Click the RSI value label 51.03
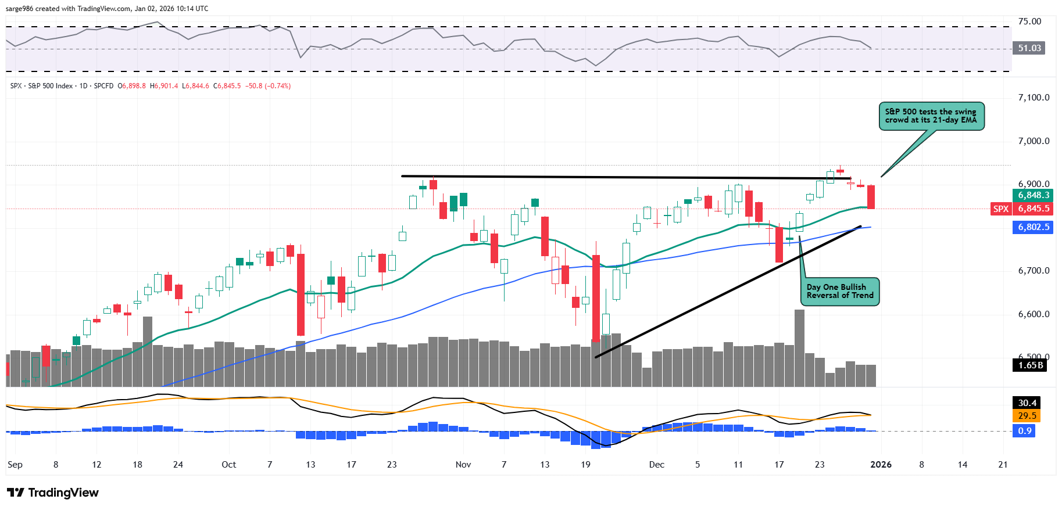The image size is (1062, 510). point(1029,48)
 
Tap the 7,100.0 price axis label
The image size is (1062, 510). point(1034,98)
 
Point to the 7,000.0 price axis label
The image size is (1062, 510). point(1034,141)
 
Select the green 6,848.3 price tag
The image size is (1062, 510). point(1033,195)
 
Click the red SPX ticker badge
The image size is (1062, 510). point(1000,209)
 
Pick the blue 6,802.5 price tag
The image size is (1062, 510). point(1033,227)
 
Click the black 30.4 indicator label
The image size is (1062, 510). point(1027,403)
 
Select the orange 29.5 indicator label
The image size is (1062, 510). point(1027,416)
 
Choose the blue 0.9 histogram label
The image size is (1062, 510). point(1025,431)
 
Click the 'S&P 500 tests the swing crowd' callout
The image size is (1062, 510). point(931,116)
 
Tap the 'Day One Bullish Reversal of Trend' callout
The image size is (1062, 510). point(839,292)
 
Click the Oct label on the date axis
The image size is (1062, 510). point(229,465)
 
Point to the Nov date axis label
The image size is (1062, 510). point(463,465)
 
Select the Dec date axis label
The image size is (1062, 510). point(657,465)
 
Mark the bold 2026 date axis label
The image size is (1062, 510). point(881,465)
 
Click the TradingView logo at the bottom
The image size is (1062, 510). point(53,493)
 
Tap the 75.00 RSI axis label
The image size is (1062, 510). point(1029,21)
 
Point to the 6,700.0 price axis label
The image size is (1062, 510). point(1034,271)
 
